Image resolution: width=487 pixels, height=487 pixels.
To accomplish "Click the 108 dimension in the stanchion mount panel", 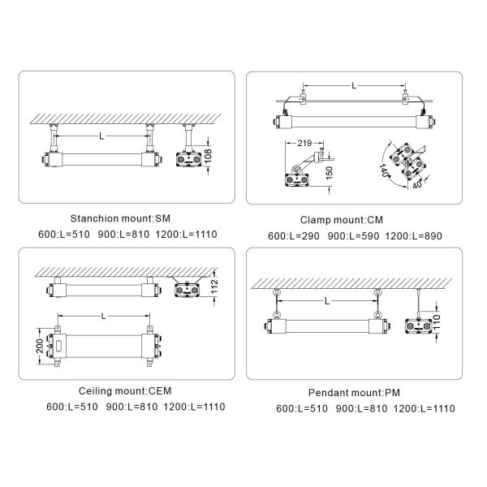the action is tap(209, 156).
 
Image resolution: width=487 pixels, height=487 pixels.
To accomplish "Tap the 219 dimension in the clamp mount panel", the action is tap(304, 143).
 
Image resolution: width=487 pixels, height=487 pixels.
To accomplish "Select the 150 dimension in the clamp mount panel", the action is tap(330, 173).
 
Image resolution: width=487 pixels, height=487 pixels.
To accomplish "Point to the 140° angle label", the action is tap(384, 170).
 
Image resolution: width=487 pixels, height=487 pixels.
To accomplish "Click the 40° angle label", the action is tap(418, 184).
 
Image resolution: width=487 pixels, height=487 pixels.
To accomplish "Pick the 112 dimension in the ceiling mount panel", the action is tap(214, 286).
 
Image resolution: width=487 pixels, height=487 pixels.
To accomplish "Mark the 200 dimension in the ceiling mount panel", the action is tap(40, 346).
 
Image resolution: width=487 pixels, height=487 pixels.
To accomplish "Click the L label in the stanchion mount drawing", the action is tap(101, 136).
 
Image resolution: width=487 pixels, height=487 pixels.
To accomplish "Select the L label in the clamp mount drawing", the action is tap(354, 85).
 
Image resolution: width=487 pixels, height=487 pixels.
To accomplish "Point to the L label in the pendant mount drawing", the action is tap(327, 301).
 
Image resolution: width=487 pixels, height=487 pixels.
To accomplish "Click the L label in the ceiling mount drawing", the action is tap(104, 317).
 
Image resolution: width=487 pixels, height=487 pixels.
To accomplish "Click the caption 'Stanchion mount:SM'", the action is tap(120, 218).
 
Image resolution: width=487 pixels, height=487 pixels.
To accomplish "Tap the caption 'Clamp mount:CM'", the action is tap(342, 220).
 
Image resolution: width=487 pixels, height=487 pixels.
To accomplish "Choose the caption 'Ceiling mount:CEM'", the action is tap(125, 390).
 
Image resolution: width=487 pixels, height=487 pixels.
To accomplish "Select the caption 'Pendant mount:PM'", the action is tap(354, 393).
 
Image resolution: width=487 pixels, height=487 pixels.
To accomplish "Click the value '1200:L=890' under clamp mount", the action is tap(413, 236).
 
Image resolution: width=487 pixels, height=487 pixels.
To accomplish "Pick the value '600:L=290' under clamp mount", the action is tap(294, 236).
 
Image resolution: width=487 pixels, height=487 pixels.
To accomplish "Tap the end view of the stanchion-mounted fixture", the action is tap(189, 146).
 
